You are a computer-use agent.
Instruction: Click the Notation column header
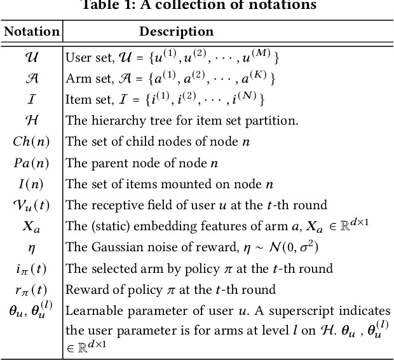click(x=32, y=32)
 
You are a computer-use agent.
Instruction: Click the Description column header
click(x=176, y=32)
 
